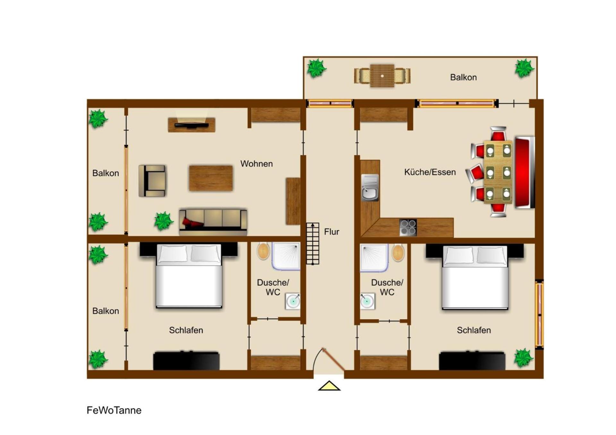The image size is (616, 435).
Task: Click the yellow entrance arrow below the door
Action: pos(329,386)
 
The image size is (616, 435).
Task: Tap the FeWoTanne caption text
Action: pos(114,410)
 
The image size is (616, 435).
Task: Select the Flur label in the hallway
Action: pos(331,232)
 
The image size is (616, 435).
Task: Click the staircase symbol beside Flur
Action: pos(312,244)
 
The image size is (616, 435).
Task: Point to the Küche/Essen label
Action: pos(430,172)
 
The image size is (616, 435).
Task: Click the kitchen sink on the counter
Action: pos(370,188)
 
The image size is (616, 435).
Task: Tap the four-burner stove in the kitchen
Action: pos(408,228)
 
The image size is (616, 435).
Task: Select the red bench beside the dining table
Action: pos(525,172)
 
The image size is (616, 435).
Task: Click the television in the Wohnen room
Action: pos(191,124)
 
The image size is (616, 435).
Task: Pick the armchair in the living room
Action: pos(152,181)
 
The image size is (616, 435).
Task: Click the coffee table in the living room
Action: pos(211,178)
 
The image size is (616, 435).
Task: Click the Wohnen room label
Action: pos(257,164)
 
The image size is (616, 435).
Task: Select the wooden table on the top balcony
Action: pos(382,76)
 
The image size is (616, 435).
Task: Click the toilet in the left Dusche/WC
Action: pos(263,251)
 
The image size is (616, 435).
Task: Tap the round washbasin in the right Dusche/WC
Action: pos(367,301)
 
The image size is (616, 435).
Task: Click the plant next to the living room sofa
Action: pos(164,221)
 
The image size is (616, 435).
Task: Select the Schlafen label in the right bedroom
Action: pos(474,330)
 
